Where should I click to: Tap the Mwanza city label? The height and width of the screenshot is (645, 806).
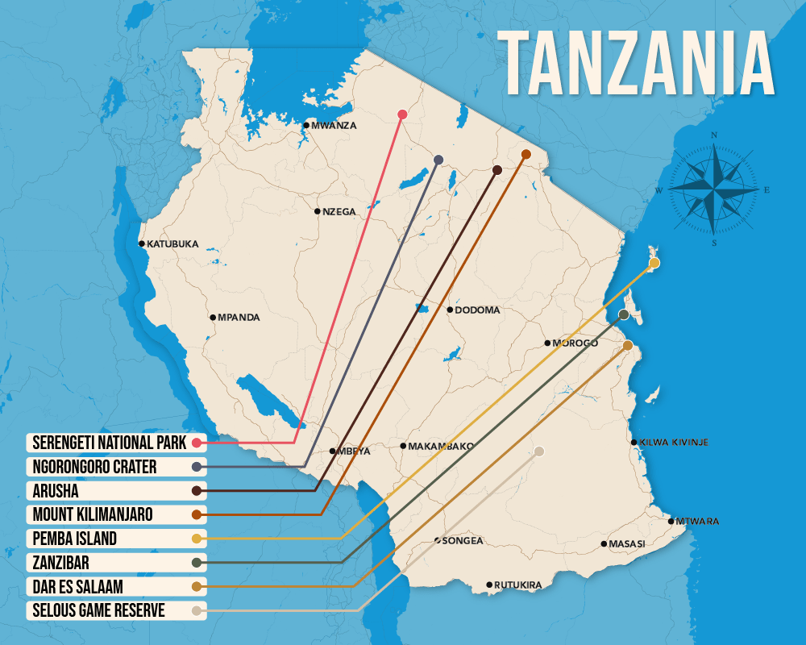333,125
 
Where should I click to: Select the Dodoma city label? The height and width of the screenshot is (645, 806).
477,310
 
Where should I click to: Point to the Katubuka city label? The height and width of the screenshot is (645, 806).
172,243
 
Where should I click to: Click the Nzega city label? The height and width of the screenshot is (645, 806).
339,211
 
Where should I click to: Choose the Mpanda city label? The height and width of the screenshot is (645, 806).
239,318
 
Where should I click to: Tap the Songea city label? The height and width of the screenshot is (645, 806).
463,540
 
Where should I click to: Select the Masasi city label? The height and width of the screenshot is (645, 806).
626,543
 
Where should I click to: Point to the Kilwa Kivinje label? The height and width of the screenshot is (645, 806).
674,442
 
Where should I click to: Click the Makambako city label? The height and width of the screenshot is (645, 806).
441,446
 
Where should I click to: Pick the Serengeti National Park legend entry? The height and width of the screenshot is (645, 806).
109,443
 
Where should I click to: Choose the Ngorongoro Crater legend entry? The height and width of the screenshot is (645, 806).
94,467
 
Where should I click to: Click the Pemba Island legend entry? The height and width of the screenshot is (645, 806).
75,538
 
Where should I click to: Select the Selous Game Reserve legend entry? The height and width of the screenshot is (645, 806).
98,610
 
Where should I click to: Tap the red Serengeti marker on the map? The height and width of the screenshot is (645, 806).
402,114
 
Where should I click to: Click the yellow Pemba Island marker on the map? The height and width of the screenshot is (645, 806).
654,263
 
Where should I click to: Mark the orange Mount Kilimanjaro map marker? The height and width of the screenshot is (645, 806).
526,154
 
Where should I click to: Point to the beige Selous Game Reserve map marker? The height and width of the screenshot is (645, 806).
539,451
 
